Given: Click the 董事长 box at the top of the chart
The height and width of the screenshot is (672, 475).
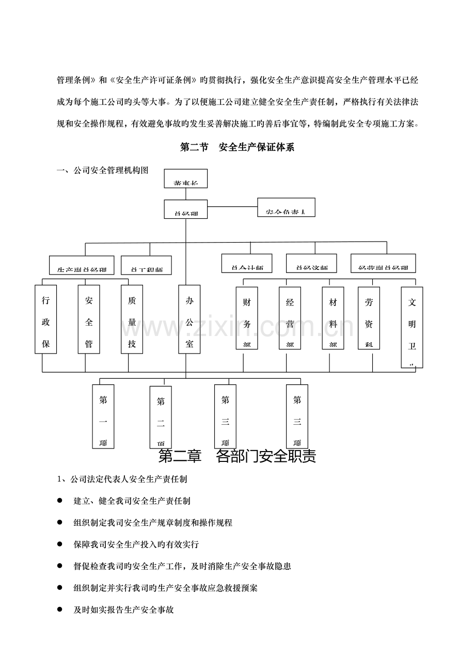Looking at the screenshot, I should point(186,179).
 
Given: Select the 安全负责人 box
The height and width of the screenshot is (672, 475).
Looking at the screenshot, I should point(286,207).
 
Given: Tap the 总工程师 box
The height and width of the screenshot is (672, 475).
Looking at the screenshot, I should point(146,265).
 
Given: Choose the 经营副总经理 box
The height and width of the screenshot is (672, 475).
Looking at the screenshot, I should point(383,263).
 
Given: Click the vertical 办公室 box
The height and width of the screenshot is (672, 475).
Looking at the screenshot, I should point(189,319).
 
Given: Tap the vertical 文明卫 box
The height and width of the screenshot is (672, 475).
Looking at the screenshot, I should point(411,327).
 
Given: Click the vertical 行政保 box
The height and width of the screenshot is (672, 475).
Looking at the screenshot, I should point(45,319).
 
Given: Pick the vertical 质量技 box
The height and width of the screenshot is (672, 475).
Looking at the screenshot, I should point(132,319).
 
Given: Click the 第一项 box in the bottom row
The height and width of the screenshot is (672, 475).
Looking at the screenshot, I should point(103,416).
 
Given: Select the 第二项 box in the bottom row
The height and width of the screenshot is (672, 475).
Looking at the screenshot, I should point(161,417).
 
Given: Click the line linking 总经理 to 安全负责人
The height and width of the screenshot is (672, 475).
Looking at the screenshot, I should point(232,207).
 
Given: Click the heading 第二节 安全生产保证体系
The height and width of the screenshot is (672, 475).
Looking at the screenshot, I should point(237,148).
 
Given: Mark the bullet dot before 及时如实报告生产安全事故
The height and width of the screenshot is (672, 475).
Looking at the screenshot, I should point(60,610).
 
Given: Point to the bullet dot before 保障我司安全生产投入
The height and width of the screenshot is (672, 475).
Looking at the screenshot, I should point(60,544).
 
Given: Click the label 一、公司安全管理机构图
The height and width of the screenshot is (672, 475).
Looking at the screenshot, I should point(103,170).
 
